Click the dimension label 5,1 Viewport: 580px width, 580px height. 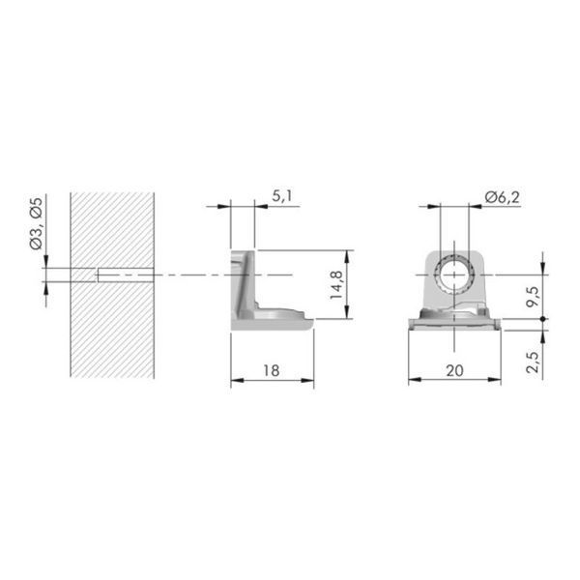point(282,196)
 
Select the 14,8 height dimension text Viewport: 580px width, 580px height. point(336,285)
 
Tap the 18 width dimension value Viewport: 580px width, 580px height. point(271,370)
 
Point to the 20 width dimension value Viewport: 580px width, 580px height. point(454,370)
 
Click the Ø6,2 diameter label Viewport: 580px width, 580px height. point(503,198)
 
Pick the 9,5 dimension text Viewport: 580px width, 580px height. point(533,297)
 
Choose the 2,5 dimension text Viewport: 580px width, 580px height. point(533,362)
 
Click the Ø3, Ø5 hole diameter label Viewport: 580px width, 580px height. point(37,224)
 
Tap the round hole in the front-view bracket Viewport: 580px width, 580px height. point(454,275)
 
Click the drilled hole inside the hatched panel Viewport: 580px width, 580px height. point(126,275)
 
